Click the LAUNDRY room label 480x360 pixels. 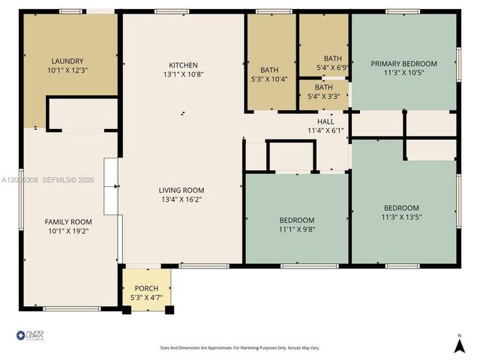67,61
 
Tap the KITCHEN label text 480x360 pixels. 183,64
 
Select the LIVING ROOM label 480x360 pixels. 181,190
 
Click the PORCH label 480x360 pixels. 146,288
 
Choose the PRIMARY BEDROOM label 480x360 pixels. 403,64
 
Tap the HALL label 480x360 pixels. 325,121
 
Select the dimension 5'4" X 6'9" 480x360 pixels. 332,67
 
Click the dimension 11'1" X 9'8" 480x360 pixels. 297,229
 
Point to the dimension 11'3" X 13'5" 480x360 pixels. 401,217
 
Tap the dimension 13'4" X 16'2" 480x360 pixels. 181,199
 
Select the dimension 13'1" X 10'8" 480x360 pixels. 183,74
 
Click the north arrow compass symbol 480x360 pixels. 460,344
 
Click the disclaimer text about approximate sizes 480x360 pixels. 240,348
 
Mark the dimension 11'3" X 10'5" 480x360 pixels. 403,73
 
